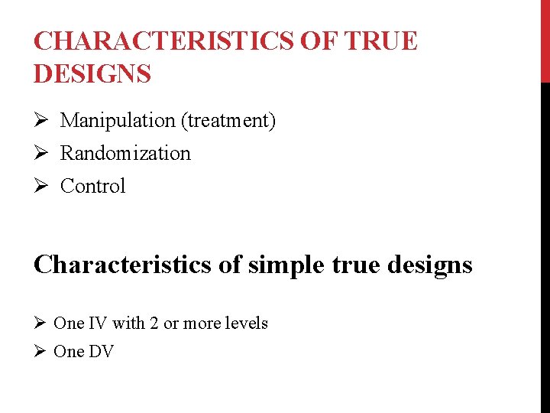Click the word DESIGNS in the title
pos(92,74)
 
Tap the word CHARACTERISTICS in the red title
pos(163,41)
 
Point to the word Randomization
pos(125,154)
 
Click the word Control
pos(92,187)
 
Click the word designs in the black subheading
pos(430,265)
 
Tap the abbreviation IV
pos(98,324)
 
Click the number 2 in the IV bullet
pos(154,324)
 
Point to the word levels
pos(247,324)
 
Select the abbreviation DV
pos(101,352)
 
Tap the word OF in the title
pos(319,41)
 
